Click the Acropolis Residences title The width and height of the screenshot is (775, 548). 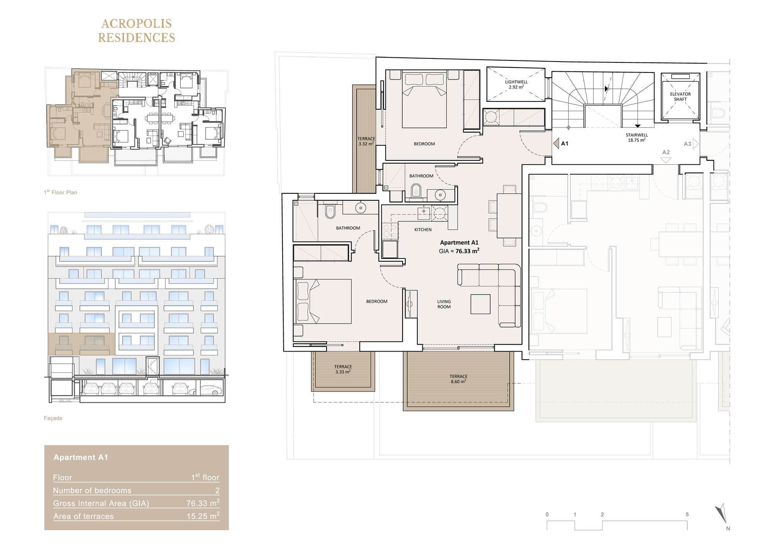[136, 31]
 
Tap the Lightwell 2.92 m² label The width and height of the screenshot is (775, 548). [516, 84]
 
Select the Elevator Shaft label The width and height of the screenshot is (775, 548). [680, 97]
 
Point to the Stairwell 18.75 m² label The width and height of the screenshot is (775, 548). [637, 138]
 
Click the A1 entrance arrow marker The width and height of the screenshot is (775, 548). [556, 143]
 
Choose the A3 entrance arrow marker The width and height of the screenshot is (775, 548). [696, 144]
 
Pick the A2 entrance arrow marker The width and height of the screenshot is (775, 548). [666, 160]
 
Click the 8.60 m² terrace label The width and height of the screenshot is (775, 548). [458, 379]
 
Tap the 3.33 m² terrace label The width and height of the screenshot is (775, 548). [343, 369]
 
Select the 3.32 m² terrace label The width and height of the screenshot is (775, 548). [366, 141]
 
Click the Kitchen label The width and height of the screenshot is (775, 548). [423, 230]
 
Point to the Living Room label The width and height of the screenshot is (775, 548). [444, 304]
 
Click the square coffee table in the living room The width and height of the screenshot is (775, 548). [480, 304]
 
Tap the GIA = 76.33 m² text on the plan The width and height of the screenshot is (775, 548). [459, 251]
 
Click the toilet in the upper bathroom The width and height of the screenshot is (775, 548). [416, 191]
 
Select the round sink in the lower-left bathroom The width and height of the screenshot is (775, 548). [361, 208]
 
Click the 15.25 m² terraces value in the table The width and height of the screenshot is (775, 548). [203, 516]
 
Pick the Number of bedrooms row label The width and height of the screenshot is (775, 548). [92, 491]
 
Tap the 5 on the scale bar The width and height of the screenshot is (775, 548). [687, 515]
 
